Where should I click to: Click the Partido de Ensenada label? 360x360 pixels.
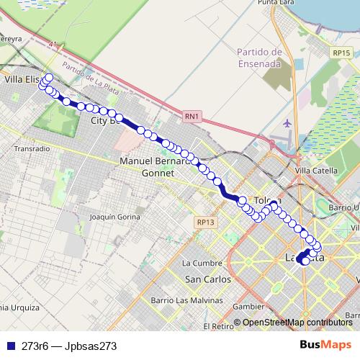258,57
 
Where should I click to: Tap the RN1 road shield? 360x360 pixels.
191,115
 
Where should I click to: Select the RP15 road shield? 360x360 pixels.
341,53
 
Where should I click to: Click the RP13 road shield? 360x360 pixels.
205,223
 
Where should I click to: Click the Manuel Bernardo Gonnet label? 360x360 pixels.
156,167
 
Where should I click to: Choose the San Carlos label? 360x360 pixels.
208,279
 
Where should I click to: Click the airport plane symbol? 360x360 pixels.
288,123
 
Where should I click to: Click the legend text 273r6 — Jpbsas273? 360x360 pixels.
69,346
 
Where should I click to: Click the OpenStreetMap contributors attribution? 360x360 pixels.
297,323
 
